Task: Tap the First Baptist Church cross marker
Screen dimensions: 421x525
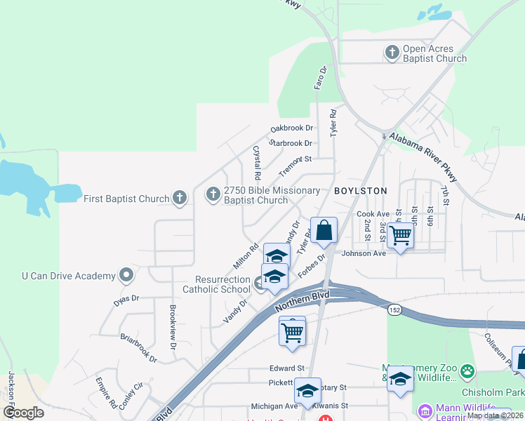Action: (180, 198)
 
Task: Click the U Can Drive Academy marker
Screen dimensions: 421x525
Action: (126, 275)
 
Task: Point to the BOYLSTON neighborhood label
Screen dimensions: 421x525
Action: (360, 191)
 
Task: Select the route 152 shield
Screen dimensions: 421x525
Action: (395, 309)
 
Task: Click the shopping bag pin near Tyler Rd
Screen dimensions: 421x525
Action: (324, 230)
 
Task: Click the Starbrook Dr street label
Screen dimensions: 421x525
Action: (290, 143)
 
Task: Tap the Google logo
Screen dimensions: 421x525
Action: (24, 412)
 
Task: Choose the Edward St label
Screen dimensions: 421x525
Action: (287, 368)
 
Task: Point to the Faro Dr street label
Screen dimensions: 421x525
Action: (320, 79)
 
